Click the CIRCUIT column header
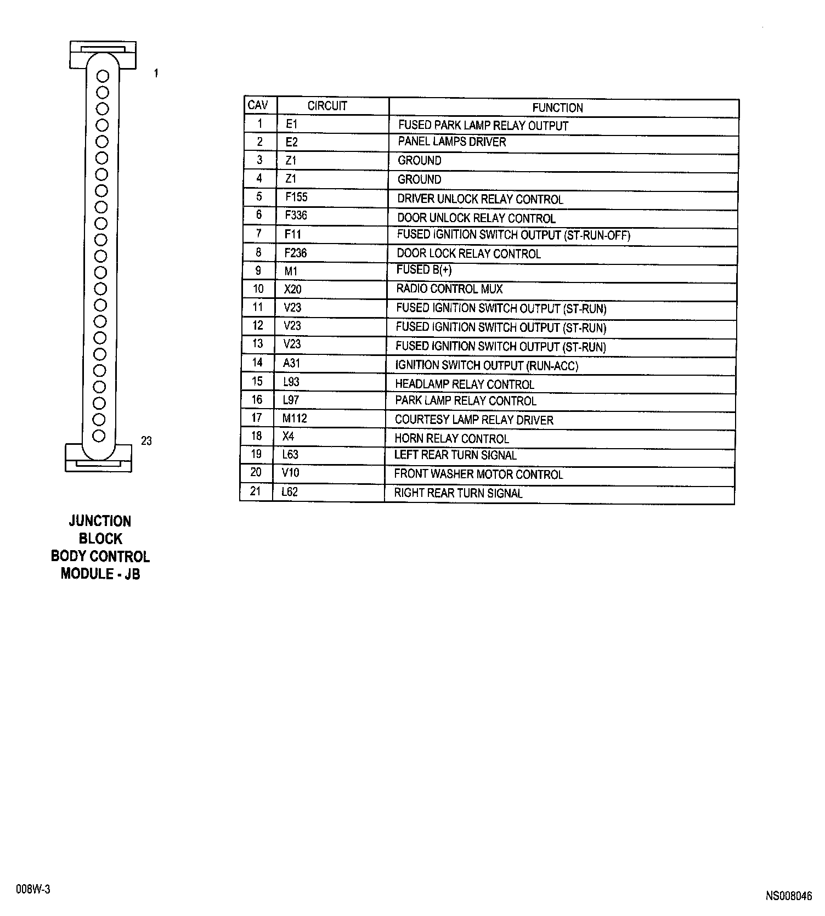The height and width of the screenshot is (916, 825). (327, 106)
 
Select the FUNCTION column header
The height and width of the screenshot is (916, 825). (557, 108)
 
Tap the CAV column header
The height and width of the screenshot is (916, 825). (258, 105)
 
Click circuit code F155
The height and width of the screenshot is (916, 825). (296, 197)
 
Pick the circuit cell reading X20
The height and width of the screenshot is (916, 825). (292, 289)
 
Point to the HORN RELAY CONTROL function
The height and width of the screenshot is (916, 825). (451, 439)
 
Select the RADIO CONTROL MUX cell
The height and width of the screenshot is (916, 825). (449, 289)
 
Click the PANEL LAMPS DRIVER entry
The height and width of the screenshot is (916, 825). (451, 142)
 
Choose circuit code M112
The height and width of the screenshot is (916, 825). (295, 419)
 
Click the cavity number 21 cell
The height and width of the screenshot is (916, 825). (256, 491)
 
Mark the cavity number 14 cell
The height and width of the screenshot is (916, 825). (257, 363)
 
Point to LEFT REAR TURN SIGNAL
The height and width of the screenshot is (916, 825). (455, 455)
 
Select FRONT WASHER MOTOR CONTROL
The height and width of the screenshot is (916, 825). (478, 474)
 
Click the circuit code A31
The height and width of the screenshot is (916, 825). (291, 363)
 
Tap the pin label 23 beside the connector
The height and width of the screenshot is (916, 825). (146, 441)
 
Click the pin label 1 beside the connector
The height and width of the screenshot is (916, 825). (156, 73)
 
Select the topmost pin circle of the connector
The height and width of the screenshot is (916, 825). (102, 76)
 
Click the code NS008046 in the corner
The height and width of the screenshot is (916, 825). (789, 896)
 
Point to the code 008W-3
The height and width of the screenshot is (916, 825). (33, 890)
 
